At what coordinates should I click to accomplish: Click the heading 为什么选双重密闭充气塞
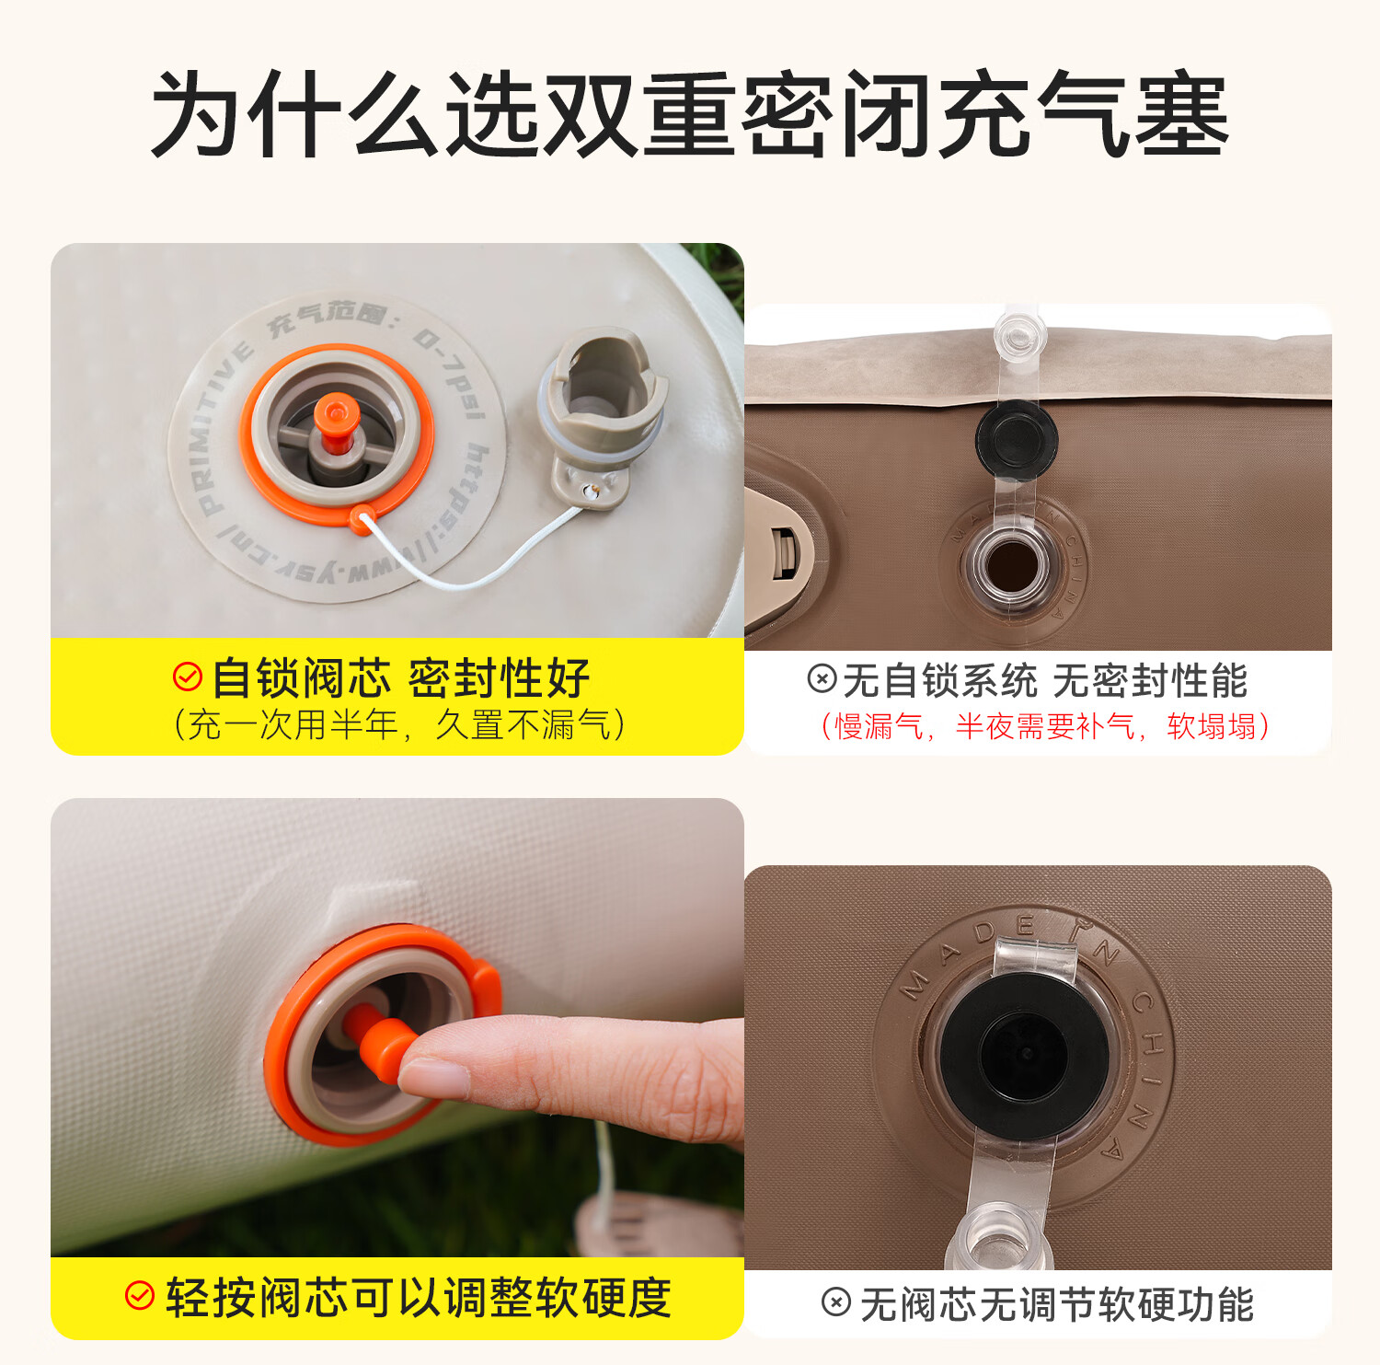[690, 114]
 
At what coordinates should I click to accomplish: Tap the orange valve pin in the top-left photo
[334, 422]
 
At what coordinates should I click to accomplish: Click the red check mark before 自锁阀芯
[188, 677]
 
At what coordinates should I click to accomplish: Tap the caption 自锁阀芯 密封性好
[400, 678]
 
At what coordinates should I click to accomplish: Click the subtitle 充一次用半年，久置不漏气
[398, 725]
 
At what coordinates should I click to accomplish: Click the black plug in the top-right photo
[1016, 438]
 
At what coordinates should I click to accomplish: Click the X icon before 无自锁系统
[822, 679]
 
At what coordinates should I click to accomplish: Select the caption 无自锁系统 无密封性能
[1044, 681]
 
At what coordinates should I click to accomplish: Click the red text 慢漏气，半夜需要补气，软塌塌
[1044, 727]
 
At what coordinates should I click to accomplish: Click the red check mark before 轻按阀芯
[139, 1296]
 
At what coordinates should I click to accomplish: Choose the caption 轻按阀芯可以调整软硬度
[419, 1298]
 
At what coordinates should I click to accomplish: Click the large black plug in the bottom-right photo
[1022, 1055]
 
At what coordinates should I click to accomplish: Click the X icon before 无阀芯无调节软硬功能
[836, 1302]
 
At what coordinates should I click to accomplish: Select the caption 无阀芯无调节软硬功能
[1056, 1304]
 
